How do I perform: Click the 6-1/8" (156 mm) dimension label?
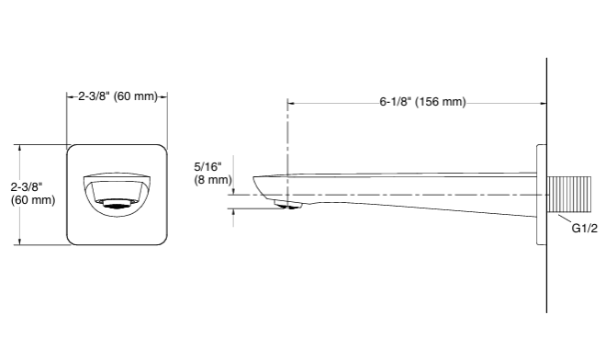pos(422,102)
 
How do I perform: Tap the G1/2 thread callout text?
pos(584,229)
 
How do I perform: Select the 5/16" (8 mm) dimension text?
pos(213,173)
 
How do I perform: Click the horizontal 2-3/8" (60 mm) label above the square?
pos(118,96)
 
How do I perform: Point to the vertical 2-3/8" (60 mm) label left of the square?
pos(33,194)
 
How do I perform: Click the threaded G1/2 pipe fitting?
pos(569,195)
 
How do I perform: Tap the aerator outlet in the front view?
pos(117,204)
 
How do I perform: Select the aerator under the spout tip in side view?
pos(288,205)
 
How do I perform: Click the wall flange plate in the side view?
pos(542,195)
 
